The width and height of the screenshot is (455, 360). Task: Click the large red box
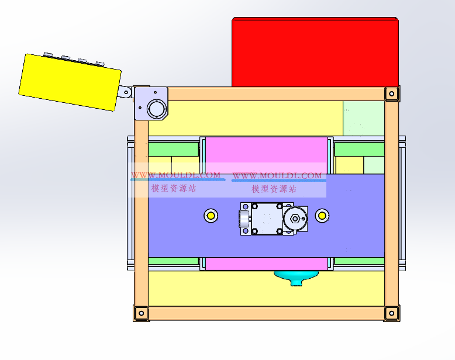(315, 52)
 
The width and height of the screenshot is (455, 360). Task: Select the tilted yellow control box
(70, 82)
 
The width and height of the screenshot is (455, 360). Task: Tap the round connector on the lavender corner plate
(157, 109)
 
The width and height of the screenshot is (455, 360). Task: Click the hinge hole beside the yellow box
(126, 93)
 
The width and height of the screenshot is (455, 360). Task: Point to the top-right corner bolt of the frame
(392, 94)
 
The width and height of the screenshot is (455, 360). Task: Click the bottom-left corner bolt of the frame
(142, 313)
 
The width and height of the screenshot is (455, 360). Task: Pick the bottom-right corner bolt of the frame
(392, 313)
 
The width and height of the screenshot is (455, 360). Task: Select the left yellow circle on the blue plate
(211, 216)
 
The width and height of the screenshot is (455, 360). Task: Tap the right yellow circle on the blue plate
(322, 216)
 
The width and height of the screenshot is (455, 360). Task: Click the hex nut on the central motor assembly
(295, 219)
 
